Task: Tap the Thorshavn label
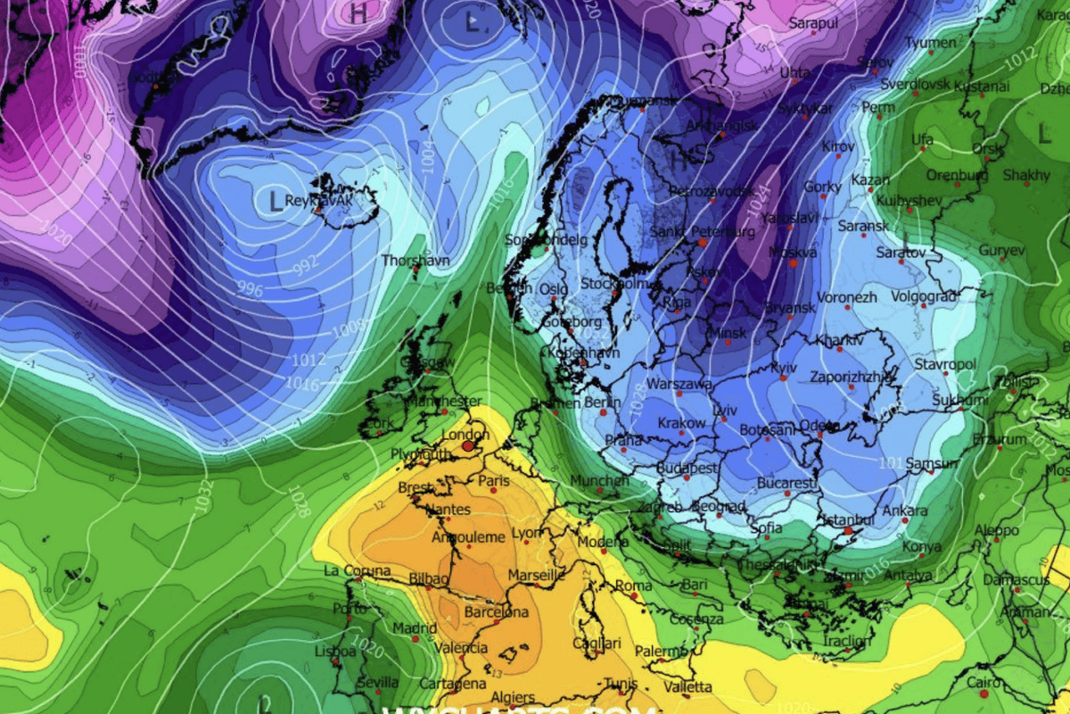415,261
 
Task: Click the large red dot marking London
468,444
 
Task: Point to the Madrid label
415,627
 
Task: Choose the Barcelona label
496,612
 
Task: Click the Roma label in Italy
634,585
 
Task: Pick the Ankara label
904,511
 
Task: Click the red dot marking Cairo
984,693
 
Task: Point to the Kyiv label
784,367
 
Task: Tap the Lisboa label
335,652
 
